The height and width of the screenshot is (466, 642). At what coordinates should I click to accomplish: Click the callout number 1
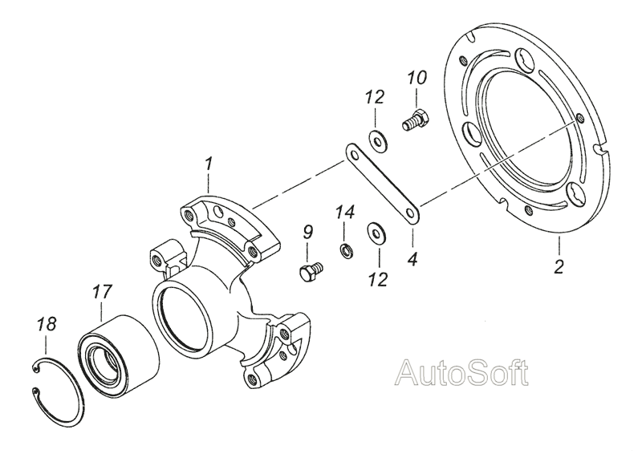point(209,164)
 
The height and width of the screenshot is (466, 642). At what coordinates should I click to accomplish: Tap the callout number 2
point(559,267)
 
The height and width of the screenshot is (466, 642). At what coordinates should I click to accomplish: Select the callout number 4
point(412,259)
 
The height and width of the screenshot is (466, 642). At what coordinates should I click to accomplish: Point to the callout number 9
point(308,233)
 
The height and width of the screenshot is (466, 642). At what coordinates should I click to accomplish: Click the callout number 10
point(417,78)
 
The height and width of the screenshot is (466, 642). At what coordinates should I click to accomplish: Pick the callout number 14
point(345,213)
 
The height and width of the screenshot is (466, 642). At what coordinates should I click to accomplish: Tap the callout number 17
point(102,292)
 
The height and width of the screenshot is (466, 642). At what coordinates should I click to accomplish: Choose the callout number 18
point(46,325)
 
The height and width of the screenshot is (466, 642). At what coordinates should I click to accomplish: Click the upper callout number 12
point(376,97)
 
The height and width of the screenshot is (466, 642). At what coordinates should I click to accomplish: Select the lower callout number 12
point(377,280)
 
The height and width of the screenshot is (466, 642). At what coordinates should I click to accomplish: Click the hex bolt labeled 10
point(415,119)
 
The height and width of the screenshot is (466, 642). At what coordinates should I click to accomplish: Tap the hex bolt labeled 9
point(311,271)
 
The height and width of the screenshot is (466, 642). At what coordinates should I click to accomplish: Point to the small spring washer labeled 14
point(347,251)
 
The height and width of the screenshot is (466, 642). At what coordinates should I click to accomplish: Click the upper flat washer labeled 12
point(379,140)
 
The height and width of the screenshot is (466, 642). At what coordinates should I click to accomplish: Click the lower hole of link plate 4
point(411,213)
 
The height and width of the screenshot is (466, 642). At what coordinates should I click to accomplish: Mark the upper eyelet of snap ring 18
point(36,370)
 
